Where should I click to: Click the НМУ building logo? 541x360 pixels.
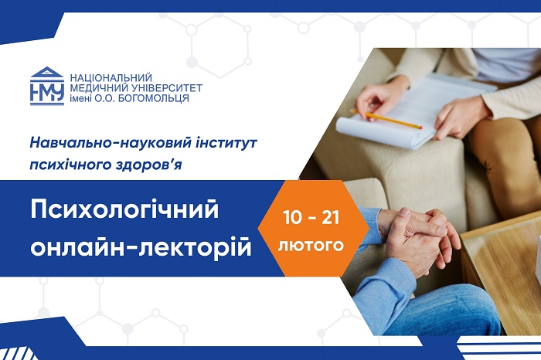coord(47,86)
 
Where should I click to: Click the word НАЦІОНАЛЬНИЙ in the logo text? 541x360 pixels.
coord(111,77)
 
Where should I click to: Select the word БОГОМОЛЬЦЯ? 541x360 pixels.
coord(154,98)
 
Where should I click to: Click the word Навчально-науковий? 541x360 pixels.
coord(111,143)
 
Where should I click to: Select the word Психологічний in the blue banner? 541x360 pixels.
coord(124,210)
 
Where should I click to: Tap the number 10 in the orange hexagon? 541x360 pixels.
coord(292,218)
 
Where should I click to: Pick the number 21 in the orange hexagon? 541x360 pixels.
coord(331,218)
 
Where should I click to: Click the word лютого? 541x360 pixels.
coord(311,245)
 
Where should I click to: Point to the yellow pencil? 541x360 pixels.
coord(386,119)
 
